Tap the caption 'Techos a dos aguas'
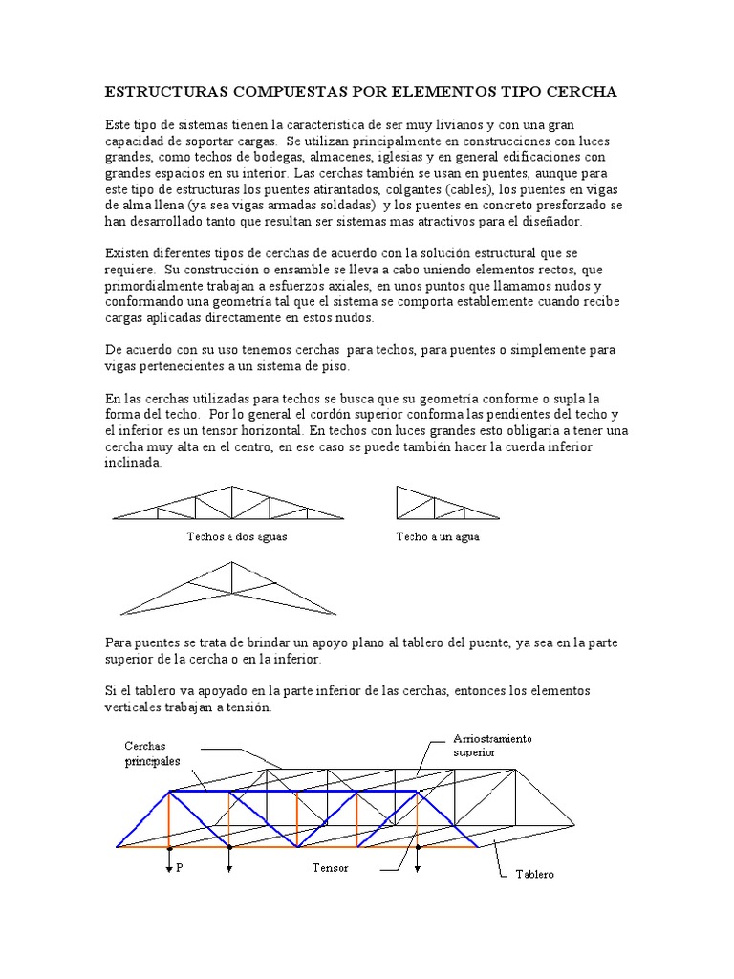[236, 536]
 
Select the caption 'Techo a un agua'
[437, 536]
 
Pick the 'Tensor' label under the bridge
[330, 868]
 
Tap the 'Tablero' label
[534, 874]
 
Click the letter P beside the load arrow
[179, 868]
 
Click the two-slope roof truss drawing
[229, 504]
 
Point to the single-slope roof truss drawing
[444, 503]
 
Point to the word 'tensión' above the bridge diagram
[248, 707]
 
